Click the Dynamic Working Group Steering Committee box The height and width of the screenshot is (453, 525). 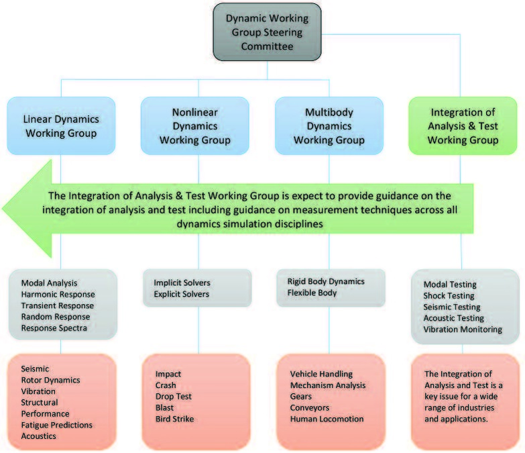[x=267, y=32]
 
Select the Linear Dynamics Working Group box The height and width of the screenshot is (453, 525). [x=61, y=126]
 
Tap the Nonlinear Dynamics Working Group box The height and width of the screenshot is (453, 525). [x=194, y=126]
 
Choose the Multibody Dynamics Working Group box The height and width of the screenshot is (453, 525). [x=329, y=126]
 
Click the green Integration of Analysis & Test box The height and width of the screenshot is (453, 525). [x=463, y=126]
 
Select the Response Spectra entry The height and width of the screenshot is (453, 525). [x=54, y=328]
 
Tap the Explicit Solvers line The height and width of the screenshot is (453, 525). [x=182, y=294]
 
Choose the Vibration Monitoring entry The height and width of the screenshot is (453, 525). [x=463, y=329]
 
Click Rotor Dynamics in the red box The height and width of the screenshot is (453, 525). [x=50, y=380]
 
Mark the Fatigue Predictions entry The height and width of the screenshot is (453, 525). [x=56, y=425]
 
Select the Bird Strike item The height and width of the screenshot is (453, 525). [x=175, y=419]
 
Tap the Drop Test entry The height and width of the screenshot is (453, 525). [x=174, y=396]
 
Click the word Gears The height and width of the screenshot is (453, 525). [x=301, y=396]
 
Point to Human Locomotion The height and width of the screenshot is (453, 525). [x=327, y=419]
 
